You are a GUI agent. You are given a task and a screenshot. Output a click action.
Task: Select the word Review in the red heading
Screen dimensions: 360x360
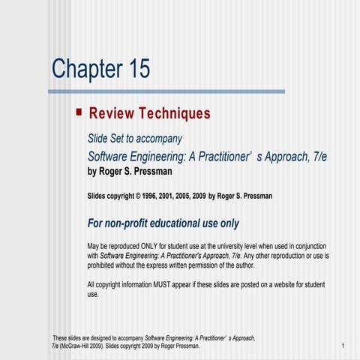coord(112,114)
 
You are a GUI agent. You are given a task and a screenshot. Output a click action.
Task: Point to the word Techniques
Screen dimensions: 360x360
coord(174,114)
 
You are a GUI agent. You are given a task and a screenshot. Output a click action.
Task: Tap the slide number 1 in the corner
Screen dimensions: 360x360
coord(341,346)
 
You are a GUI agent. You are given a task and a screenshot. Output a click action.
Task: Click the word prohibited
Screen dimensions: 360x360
coord(105,265)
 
